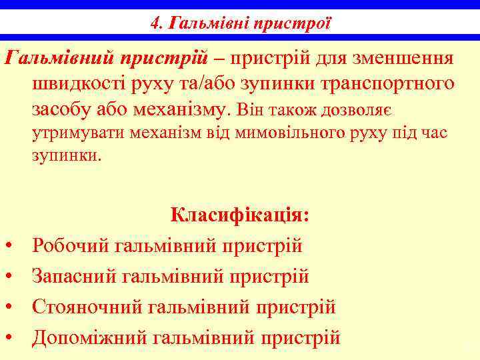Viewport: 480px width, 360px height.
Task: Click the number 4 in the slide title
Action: pos(155,25)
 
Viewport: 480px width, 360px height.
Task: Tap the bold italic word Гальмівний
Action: pos(60,58)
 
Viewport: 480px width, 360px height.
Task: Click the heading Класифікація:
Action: pos(239,215)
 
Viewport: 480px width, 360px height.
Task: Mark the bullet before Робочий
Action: pos(10,246)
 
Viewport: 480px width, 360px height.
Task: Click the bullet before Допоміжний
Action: pos(10,337)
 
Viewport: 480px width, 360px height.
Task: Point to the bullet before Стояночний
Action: pos(10,307)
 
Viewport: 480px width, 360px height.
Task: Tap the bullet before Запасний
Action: pos(10,276)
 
